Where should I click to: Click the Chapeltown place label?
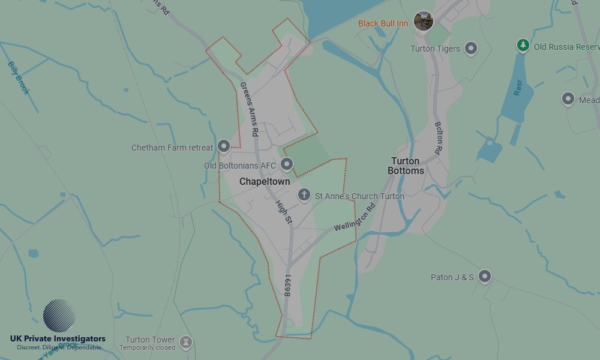tap(265, 181)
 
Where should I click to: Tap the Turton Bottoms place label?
tap(406, 166)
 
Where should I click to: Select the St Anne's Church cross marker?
tap(304, 195)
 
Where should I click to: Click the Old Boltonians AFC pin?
tap(287, 164)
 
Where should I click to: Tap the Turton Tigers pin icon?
tap(471, 49)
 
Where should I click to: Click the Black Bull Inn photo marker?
tap(424, 21)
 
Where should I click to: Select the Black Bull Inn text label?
tap(383, 24)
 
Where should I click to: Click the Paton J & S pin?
tap(485, 276)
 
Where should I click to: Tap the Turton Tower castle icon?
tap(186, 341)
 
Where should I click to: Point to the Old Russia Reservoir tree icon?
tap(523, 45)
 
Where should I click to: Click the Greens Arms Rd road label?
tap(249, 109)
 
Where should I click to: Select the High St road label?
tap(284, 213)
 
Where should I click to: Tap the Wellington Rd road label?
tap(354, 217)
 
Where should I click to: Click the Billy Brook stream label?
tap(18, 77)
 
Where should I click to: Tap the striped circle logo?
tap(59, 316)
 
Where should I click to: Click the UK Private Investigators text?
tap(58, 339)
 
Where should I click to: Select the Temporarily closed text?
tap(147, 347)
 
